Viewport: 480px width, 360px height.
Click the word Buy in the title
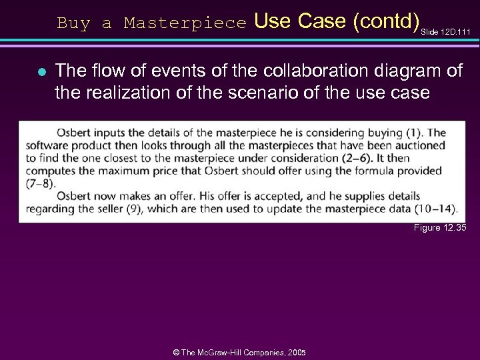click(73, 23)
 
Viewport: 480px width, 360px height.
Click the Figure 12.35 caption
click(439, 228)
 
